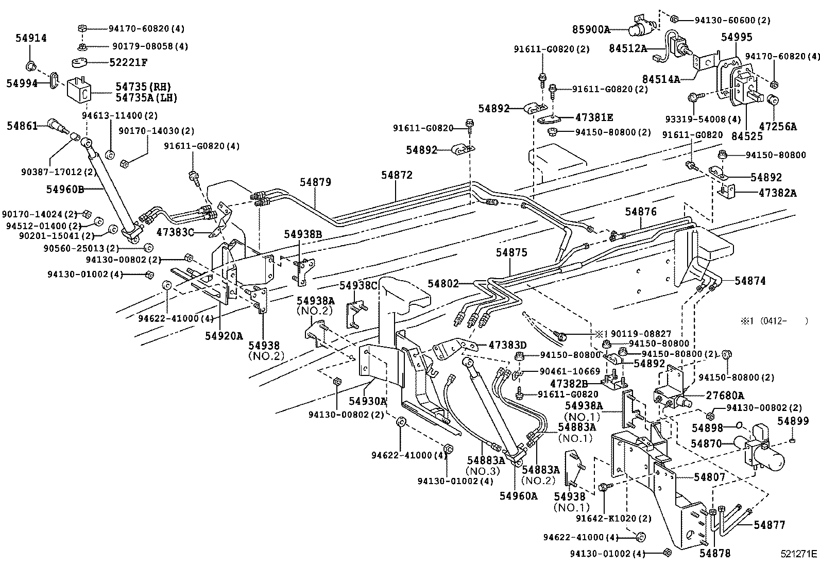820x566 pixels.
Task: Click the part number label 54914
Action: point(31,38)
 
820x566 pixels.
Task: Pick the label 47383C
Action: point(175,232)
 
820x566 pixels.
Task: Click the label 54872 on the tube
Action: point(397,175)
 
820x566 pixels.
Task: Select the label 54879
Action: point(316,182)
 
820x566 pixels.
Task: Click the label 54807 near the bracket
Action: point(709,477)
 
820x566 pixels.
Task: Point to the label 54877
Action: point(770,525)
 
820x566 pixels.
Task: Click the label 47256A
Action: point(778,126)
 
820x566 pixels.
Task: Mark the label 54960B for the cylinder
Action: point(65,189)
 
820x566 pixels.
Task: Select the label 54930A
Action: point(367,401)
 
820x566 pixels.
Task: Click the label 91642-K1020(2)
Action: point(613,519)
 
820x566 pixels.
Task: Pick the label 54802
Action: point(443,283)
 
